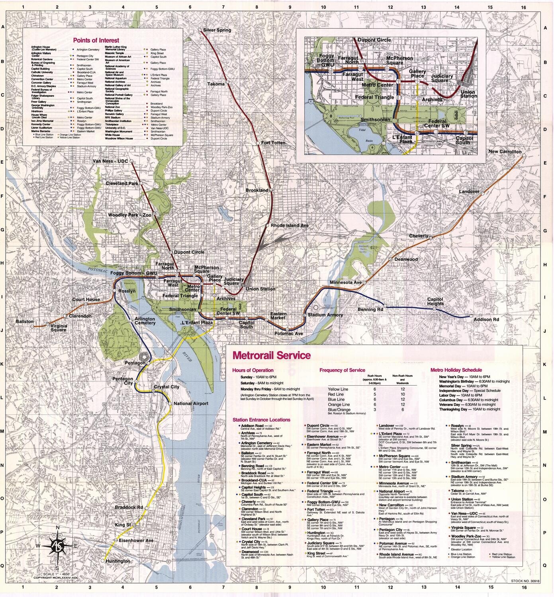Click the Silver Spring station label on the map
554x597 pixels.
(217, 30)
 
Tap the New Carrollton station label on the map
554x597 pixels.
(505, 152)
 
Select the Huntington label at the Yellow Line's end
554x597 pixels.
(118, 561)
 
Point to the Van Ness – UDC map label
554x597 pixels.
(110, 161)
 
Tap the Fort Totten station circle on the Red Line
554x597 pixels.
(258, 143)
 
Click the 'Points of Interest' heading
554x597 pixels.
(96, 40)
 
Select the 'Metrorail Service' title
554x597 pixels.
(266, 355)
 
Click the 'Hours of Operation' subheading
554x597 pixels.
(253, 370)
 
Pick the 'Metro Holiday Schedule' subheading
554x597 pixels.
(456, 370)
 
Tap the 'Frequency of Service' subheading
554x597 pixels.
(342, 370)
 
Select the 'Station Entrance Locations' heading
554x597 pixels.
(261, 419)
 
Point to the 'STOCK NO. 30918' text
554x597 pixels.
(525, 581)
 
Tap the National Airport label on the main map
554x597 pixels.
(191, 404)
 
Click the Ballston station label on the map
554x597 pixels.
(25, 321)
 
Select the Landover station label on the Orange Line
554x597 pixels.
(469, 191)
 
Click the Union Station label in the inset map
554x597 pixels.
(468, 94)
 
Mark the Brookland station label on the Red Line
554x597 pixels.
(257, 190)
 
